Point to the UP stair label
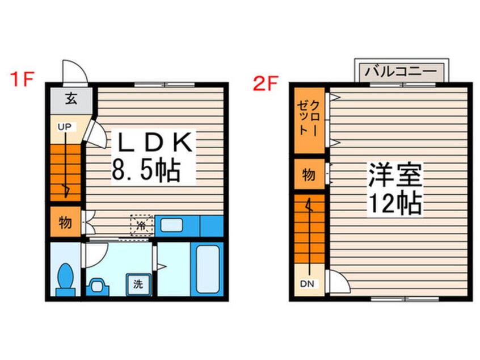click(64, 127)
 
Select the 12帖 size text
click(395, 203)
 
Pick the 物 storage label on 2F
click(309, 175)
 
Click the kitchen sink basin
click(171, 225)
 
